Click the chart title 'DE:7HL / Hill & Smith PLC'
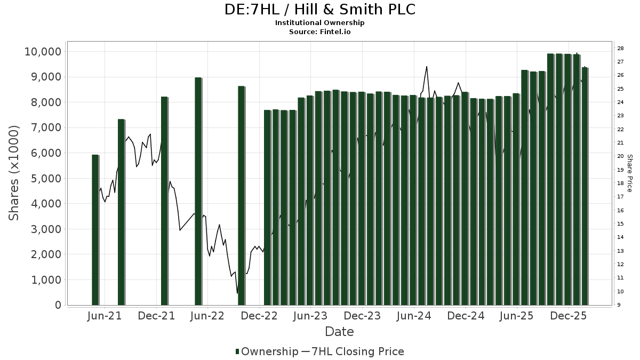click(x=319, y=10)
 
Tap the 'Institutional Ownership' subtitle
click(x=319, y=23)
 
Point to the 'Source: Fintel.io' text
click(x=319, y=31)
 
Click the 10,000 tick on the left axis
click(x=43, y=52)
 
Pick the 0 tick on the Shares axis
click(x=58, y=305)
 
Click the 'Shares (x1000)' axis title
click(x=14, y=173)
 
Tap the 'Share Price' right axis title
click(x=629, y=173)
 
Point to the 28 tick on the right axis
click(x=621, y=49)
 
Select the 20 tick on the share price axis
click(x=621, y=156)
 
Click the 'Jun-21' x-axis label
click(x=105, y=316)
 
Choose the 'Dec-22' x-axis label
click(x=260, y=316)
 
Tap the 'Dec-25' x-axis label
click(x=569, y=316)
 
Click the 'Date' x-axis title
click(x=339, y=332)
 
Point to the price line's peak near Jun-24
click(x=427, y=67)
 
